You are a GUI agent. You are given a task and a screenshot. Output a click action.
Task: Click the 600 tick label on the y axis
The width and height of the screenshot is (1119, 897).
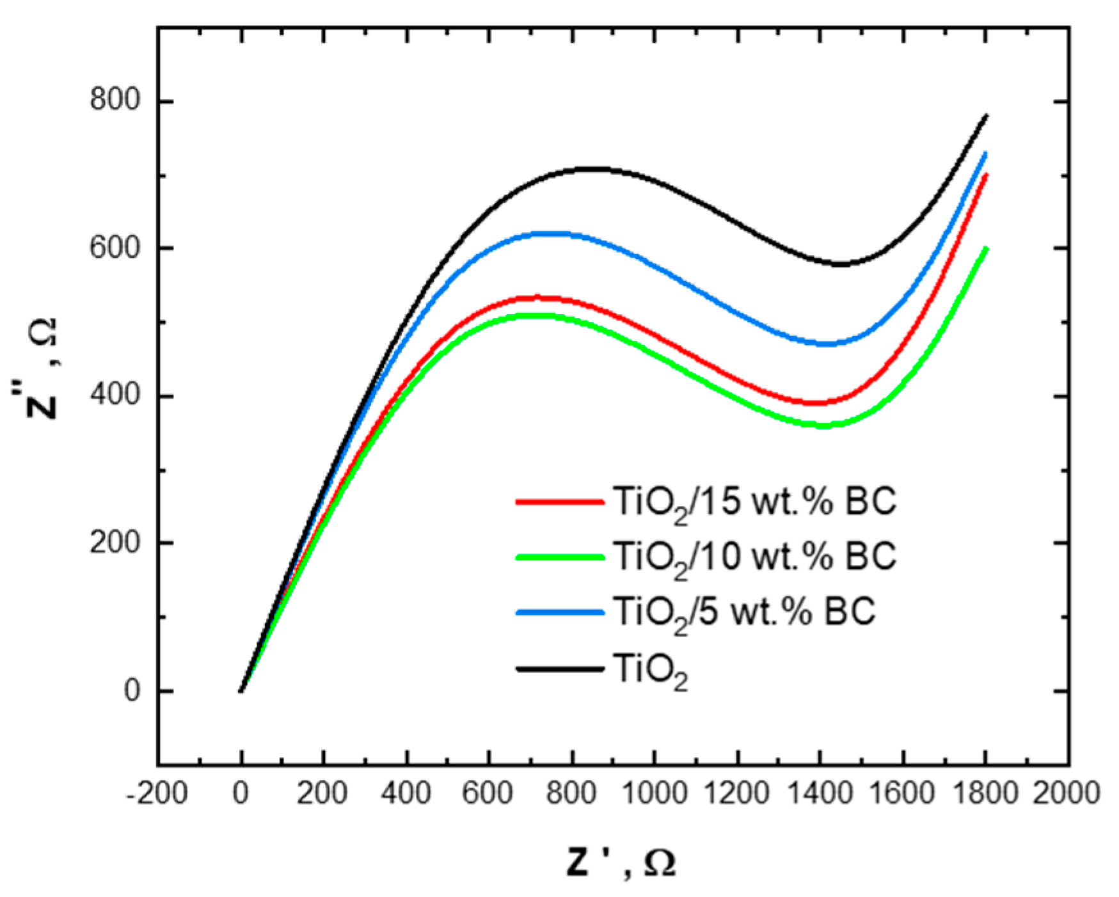click(115, 248)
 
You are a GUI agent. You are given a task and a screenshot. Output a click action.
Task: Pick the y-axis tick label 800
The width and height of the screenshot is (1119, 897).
click(115, 101)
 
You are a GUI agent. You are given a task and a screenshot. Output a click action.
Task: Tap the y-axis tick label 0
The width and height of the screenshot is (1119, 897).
click(132, 691)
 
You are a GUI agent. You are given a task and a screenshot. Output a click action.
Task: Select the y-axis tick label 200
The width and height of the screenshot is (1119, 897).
click(115, 543)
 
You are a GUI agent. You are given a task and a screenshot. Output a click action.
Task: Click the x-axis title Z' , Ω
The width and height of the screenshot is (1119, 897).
click(620, 862)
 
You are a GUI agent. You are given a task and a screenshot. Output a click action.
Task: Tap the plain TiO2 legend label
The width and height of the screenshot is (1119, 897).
click(650, 671)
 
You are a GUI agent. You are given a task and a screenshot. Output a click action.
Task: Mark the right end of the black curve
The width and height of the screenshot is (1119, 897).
click(987, 116)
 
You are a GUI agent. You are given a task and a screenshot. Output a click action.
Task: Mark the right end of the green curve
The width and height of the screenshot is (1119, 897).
click(987, 248)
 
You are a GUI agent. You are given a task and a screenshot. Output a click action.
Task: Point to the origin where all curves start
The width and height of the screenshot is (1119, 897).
click(241, 691)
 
